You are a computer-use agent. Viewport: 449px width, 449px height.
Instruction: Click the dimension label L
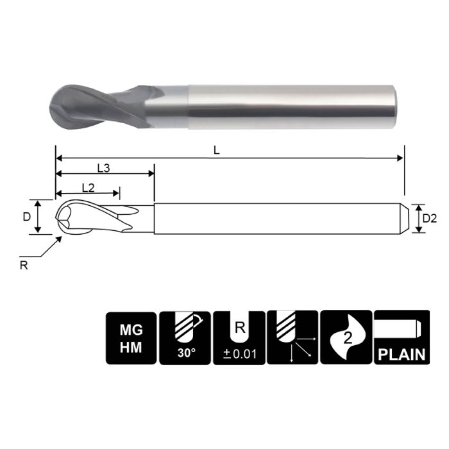pyautogui.click(x=217, y=149)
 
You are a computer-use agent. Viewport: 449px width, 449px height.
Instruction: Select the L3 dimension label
pyautogui.click(x=103, y=168)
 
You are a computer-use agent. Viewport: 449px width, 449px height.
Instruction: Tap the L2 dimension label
pyautogui.click(x=89, y=187)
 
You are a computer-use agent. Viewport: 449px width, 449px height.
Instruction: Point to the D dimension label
pyautogui.click(x=26, y=217)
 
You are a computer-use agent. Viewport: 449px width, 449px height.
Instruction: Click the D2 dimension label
pyautogui.click(x=429, y=219)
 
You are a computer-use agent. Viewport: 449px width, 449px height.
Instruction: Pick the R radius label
pyautogui.click(x=24, y=266)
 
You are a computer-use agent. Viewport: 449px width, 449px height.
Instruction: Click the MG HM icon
pyautogui.click(x=131, y=337)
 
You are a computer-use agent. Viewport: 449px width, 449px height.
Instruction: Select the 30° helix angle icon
pyautogui.click(x=185, y=337)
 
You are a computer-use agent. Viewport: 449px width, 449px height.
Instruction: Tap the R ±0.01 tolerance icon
pyautogui.click(x=239, y=337)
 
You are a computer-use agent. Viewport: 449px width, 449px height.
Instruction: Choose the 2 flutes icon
pyautogui.click(x=346, y=337)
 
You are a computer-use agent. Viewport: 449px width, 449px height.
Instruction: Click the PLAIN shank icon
pyautogui.click(x=400, y=337)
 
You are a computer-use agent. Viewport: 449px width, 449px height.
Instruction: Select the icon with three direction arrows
pyautogui.click(x=292, y=337)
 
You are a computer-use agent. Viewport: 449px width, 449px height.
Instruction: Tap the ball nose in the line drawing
pyautogui.click(x=64, y=217)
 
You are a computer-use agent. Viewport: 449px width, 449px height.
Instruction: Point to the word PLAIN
pyautogui.click(x=400, y=354)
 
